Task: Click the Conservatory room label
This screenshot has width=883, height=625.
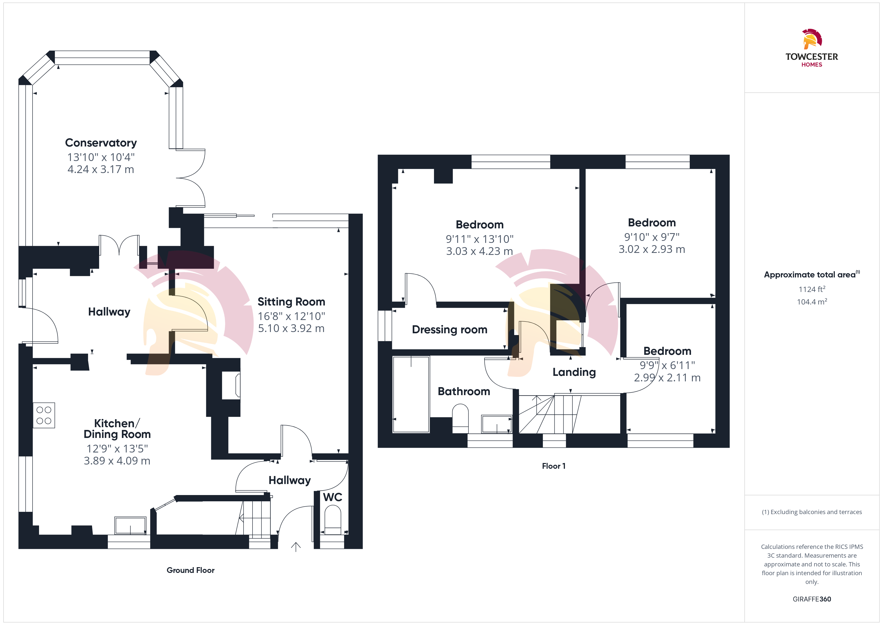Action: pos(101,143)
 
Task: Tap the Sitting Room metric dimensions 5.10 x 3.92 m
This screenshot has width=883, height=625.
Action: pos(291,328)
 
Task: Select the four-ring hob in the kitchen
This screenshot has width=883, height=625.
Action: pos(44,415)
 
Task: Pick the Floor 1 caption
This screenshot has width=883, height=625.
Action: pos(553,466)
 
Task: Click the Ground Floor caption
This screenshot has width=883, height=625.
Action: pos(190,570)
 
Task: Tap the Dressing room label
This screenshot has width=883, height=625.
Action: pos(450,330)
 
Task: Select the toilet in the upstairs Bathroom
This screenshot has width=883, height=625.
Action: pos(460,418)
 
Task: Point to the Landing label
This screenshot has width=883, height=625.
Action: pos(574,372)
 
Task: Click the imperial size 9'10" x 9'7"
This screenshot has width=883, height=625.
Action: pos(651,237)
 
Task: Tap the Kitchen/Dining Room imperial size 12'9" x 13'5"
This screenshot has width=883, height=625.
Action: pos(117,449)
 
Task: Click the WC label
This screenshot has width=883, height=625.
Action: pos(333,497)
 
